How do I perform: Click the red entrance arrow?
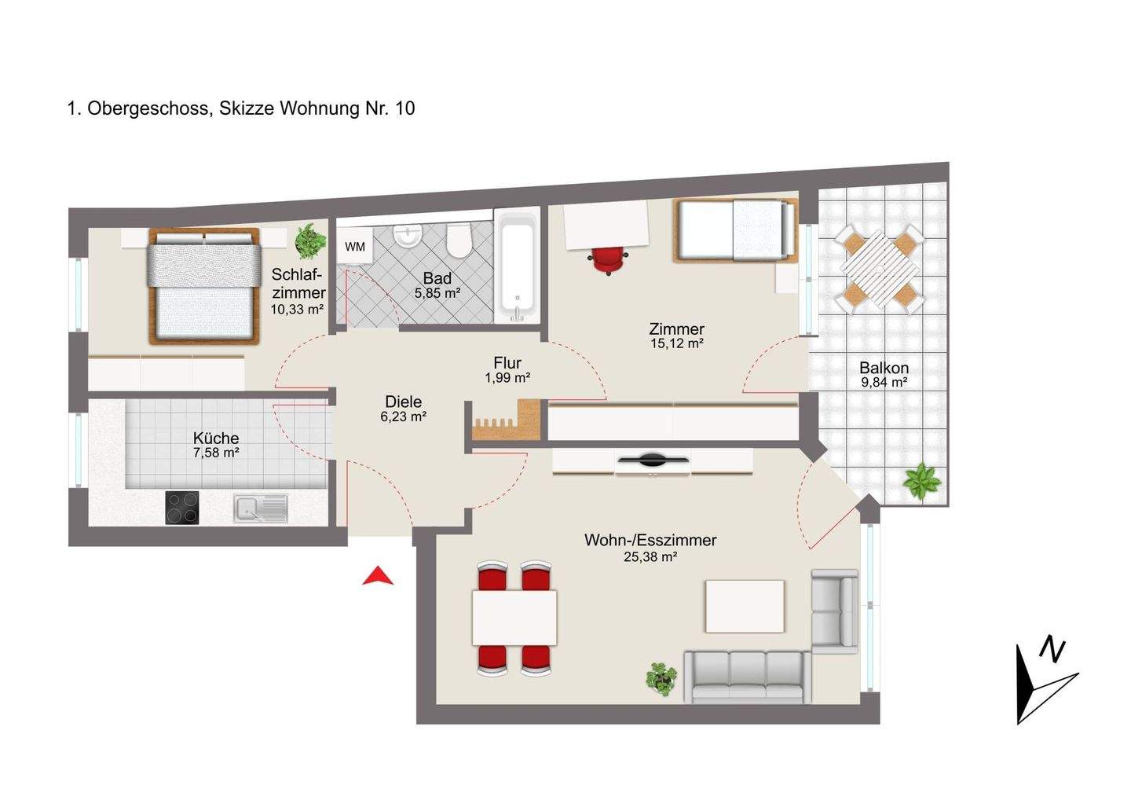(378, 575)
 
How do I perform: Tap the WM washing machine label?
(355, 247)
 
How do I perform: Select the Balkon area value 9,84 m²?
(884, 383)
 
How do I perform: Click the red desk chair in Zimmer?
(608, 259)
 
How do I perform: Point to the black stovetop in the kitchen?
(182, 508)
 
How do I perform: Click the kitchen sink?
(261, 508)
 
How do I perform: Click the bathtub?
(517, 266)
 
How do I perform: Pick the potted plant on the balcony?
(922, 482)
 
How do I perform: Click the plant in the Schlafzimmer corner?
(309, 242)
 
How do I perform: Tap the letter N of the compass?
(1052, 651)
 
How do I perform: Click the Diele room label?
(404, 402)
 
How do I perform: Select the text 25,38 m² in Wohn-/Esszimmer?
(650, 557)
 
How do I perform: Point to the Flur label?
(507, 362)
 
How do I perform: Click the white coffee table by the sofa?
(745, 606)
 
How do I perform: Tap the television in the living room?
(653, 460)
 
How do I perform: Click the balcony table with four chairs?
(880, 270)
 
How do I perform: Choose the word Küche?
(216, 438)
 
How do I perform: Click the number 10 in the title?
(405, 108)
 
